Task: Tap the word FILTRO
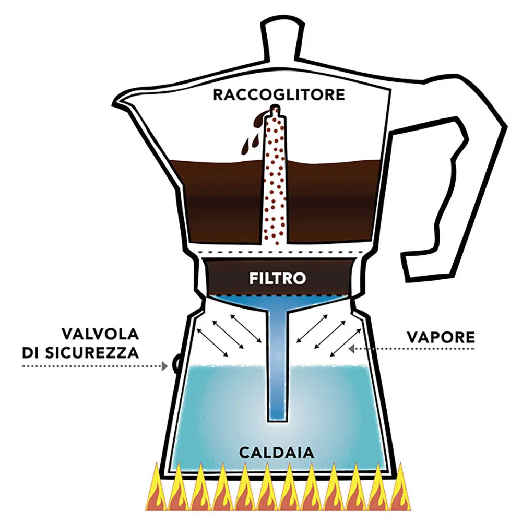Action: (277, 278)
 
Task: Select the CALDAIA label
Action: (277, 453)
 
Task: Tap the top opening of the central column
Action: (275, 109)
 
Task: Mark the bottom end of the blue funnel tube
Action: (277, 418)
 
